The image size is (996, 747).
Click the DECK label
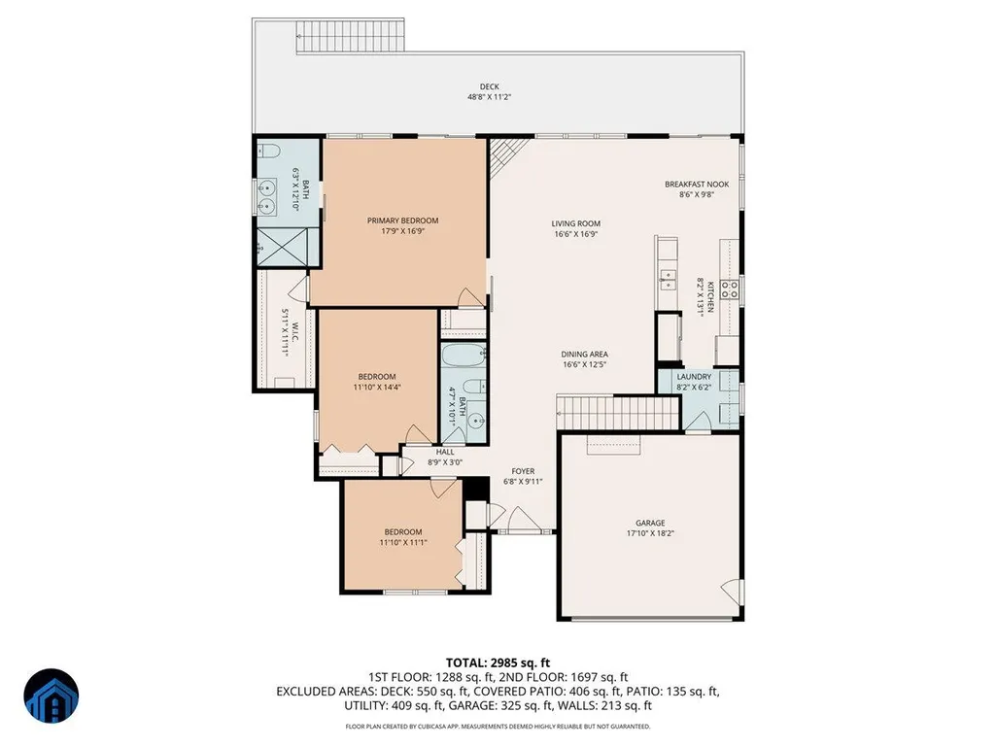[x=489, y=86]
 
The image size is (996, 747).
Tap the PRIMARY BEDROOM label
[x=402, y=221]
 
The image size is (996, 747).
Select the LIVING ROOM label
[x=575, y=223]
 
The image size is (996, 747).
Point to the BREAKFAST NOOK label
[x=697, y=185]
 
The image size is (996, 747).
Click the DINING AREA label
[x=584, y=355]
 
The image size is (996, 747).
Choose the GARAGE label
[x=650, y=523]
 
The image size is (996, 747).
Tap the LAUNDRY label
[x=694, y=377]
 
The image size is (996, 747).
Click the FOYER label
[x=523, y=471]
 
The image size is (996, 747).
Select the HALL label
[x=445, y=453]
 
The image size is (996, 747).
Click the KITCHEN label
[x=710, y=296]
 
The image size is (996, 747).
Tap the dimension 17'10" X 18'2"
[x=650, y=533]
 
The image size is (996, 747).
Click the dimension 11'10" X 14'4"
[x=377, y=387]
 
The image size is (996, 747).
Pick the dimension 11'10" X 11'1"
[x=402, y=542]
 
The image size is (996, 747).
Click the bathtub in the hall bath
[x=464, y=356]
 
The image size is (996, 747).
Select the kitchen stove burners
[x=730, y=289]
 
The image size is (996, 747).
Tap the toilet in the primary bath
[x=269, y=152]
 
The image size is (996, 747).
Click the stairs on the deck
[x=350, y=37]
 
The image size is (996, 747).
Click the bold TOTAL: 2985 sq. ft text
[x=498, y=663]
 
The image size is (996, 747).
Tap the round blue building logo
[x=52, y=696]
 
